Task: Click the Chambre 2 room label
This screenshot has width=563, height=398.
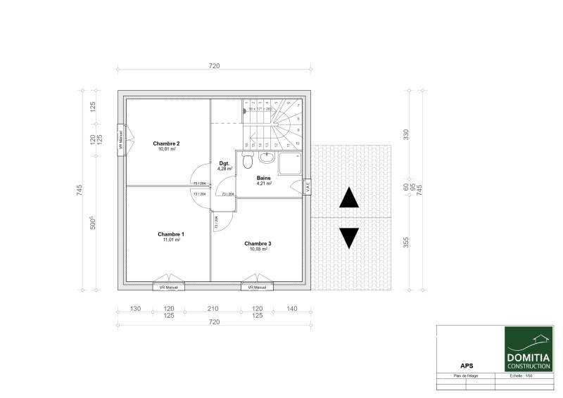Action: (166, 143)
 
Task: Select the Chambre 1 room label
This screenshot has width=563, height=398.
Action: (170, 234)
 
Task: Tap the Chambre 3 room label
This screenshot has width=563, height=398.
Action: (258, 244)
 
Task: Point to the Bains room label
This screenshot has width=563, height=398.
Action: (264, 179)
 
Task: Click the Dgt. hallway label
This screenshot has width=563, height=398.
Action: (224, 164)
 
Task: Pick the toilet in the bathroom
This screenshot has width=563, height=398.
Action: (247, 161)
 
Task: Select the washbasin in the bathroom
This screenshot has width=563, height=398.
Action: (265, 156)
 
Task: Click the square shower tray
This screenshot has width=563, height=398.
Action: (290, 163)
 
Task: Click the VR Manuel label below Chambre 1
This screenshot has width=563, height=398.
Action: (167, 288)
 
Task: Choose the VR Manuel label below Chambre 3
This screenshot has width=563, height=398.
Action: (256, 288)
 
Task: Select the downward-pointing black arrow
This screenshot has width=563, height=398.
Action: (349, 238)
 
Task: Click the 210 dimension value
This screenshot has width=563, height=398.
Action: (213, 309)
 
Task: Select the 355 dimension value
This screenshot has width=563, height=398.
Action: (405, 243)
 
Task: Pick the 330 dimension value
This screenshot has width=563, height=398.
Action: (405, 134)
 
